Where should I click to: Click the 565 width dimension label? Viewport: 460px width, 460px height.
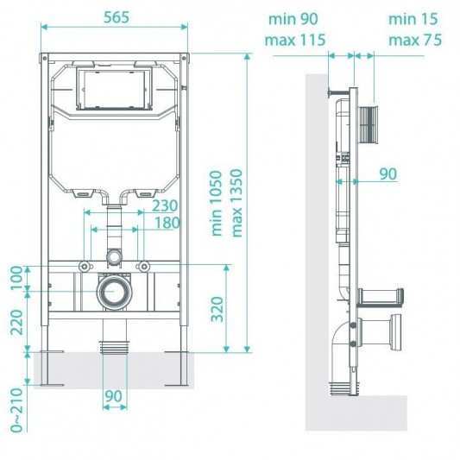pos(117,17)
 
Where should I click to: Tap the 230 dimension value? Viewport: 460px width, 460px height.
pos(165,205)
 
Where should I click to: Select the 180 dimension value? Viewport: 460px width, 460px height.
pos(167,223)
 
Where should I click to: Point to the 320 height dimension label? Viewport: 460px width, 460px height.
pos(217,309)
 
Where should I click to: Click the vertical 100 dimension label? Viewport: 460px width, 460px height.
pos(16,278)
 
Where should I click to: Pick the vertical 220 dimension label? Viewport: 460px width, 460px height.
pos(16,322)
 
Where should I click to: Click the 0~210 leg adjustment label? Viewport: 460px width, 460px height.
pos(16,410)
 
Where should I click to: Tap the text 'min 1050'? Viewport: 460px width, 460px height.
pos(217,204)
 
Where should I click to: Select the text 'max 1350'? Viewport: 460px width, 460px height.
pos(236,203)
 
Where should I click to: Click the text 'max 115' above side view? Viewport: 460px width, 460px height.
pos(295,40)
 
